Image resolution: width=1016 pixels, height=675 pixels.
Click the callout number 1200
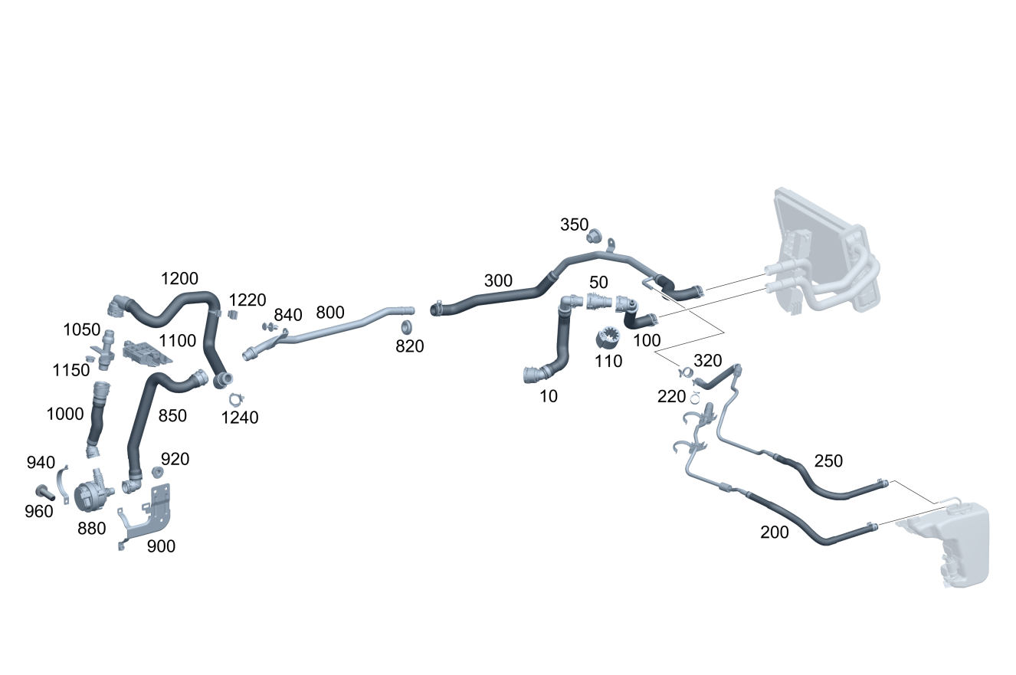pyautogui.click(x=180, y=279)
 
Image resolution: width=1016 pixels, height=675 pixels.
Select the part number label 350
pyautogui.click(x=574, y=224)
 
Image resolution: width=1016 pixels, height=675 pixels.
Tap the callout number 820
pyautogui.click(x=410, y=346)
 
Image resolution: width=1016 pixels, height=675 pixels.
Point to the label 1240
pyautogui.click(x=240, y=418)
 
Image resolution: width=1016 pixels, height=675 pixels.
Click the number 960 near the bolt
pyautogui.click(x=39, y=511)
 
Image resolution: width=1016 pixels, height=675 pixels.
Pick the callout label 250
pyautogui.click(x=828, y=461)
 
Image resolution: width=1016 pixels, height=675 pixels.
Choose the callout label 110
pyautogui.click(x=608, y=361)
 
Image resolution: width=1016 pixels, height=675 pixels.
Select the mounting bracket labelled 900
pyautogui.click(x=153, y=513)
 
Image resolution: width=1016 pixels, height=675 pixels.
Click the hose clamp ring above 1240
pyautogui.click(x=236, y=398)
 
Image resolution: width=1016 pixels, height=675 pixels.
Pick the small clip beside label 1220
pyautogui.click(x=234, y=314)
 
